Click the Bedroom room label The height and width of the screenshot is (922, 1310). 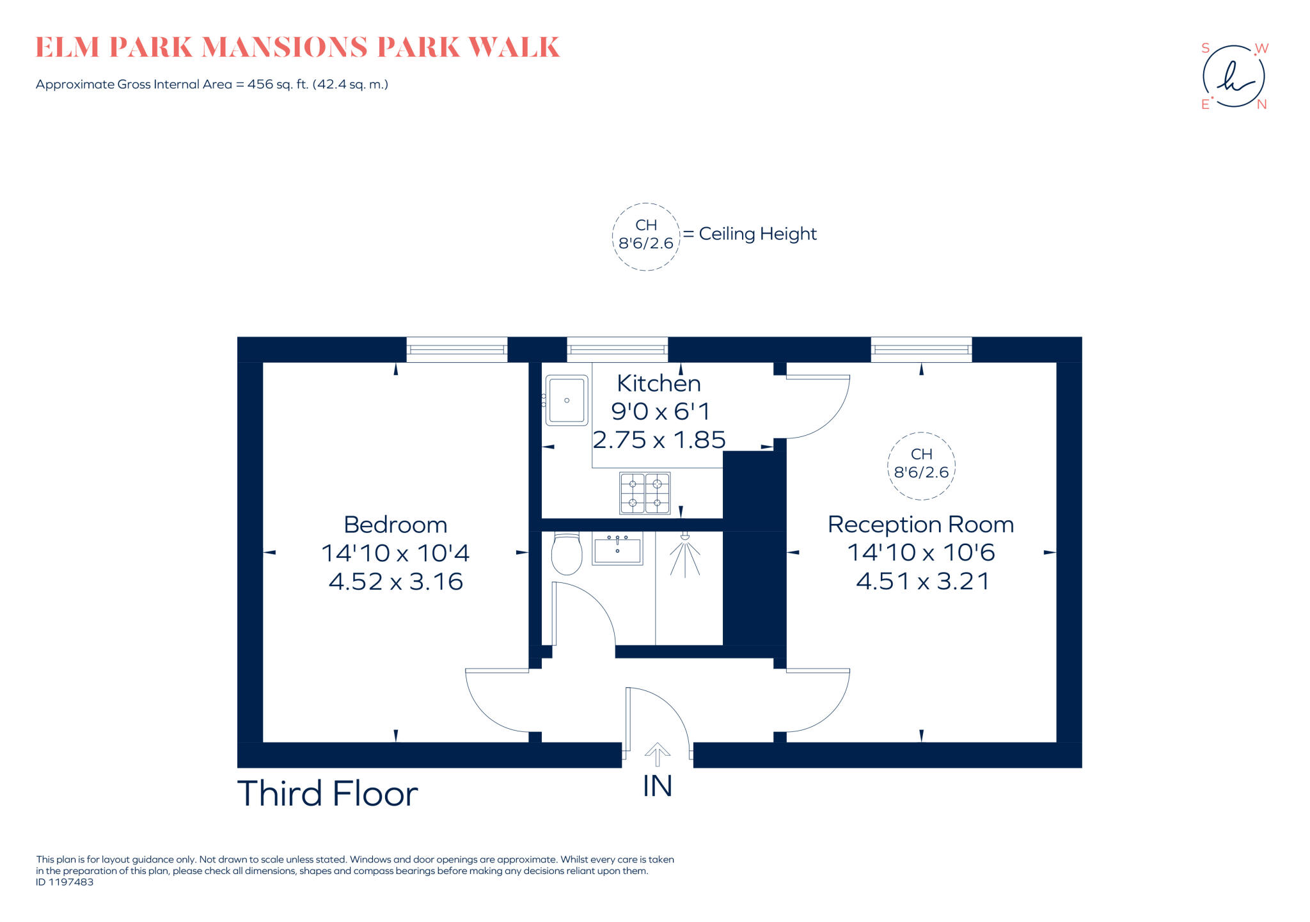395,525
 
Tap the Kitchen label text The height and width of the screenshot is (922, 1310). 659,383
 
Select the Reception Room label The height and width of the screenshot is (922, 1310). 920,525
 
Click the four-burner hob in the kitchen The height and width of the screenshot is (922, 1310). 645,493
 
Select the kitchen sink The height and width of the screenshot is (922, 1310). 567,401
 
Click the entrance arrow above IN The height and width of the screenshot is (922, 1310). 657,754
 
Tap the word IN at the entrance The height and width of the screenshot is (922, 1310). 658,786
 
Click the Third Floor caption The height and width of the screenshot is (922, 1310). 327,794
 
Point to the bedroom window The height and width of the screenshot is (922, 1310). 457,349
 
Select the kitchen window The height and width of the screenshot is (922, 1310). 617,349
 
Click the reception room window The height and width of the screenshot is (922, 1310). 921,349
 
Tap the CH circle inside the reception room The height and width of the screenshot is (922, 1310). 921,465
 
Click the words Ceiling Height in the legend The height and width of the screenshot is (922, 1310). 757,234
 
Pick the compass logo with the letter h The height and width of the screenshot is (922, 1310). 1234,77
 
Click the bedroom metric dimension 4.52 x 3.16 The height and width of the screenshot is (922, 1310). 395,582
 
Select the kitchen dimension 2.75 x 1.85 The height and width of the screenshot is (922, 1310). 659,440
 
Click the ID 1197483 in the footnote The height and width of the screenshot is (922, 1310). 65,882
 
